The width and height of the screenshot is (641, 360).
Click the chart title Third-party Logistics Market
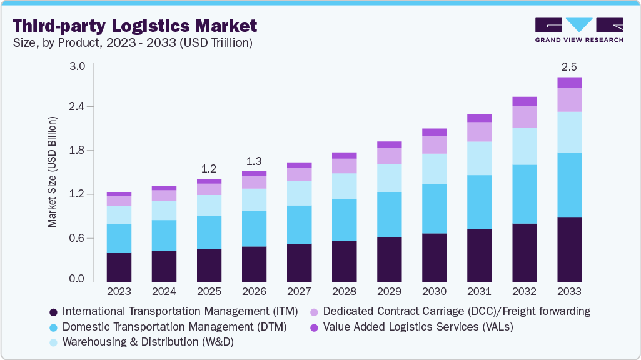click(x=134, y=26)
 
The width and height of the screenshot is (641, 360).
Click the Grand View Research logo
click(x=579, y=30)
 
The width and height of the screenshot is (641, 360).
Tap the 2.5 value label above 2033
click(x=569, y=66)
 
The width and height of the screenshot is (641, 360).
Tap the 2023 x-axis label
click(x=119, y=291)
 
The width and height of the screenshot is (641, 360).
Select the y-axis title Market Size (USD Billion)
click(x=52, y=171)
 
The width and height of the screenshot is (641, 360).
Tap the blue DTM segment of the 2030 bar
click(x=434, y=209)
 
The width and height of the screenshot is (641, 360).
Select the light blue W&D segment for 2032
click(x=524, y=146)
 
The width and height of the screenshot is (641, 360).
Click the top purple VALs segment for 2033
click(x=569, y=82)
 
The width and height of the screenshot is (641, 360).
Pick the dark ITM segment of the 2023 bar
click(x=119, y=267)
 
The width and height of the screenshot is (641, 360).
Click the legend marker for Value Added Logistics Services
click(x=315, y=327)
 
